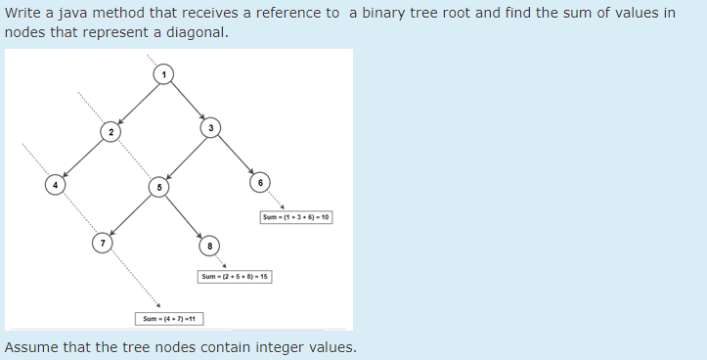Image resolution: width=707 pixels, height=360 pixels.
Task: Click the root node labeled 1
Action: [164, 75]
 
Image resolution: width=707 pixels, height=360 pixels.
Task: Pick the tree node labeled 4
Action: [56, 185]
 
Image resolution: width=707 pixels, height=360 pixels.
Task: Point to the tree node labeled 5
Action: [159, 185]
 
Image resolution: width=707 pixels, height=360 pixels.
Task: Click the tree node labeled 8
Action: [208, 243]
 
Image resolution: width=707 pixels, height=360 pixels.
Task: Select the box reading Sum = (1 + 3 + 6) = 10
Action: [296, 216]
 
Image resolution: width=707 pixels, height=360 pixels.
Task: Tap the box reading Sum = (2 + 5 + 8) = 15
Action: [235, 277]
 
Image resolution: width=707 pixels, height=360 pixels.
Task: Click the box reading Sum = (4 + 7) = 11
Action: [168, 319]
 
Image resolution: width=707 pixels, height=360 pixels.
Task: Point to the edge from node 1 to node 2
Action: [138, 103]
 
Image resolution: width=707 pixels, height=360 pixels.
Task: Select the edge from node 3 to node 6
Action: [235, 155]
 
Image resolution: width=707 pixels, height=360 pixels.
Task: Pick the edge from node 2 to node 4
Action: [83, 157]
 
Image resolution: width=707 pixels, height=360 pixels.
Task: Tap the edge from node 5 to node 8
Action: [184, 213]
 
